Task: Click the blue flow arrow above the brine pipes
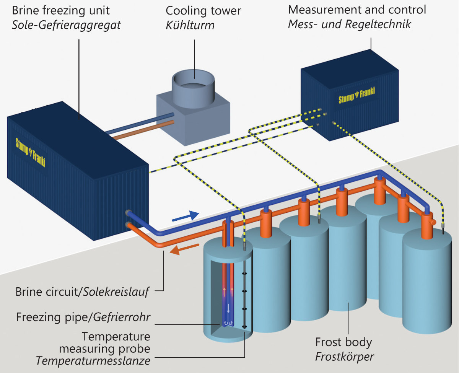(x=185, y=216)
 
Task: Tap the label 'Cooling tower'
(x=203, y=11)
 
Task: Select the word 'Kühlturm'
(x=190, y=26)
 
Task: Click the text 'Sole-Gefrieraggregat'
(x=67, y=26)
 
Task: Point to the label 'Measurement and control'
(x=357, y=10)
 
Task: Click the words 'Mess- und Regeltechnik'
(x=349, y=24)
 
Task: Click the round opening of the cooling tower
(x=194, y=81)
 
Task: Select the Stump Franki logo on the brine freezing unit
(x=30, y=151)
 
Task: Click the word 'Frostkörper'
(x=344, y=357)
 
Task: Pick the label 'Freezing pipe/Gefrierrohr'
(x=83, y=317)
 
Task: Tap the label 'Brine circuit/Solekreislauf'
(x=82, y=292)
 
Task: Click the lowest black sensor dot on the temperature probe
(x=244, y=326)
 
